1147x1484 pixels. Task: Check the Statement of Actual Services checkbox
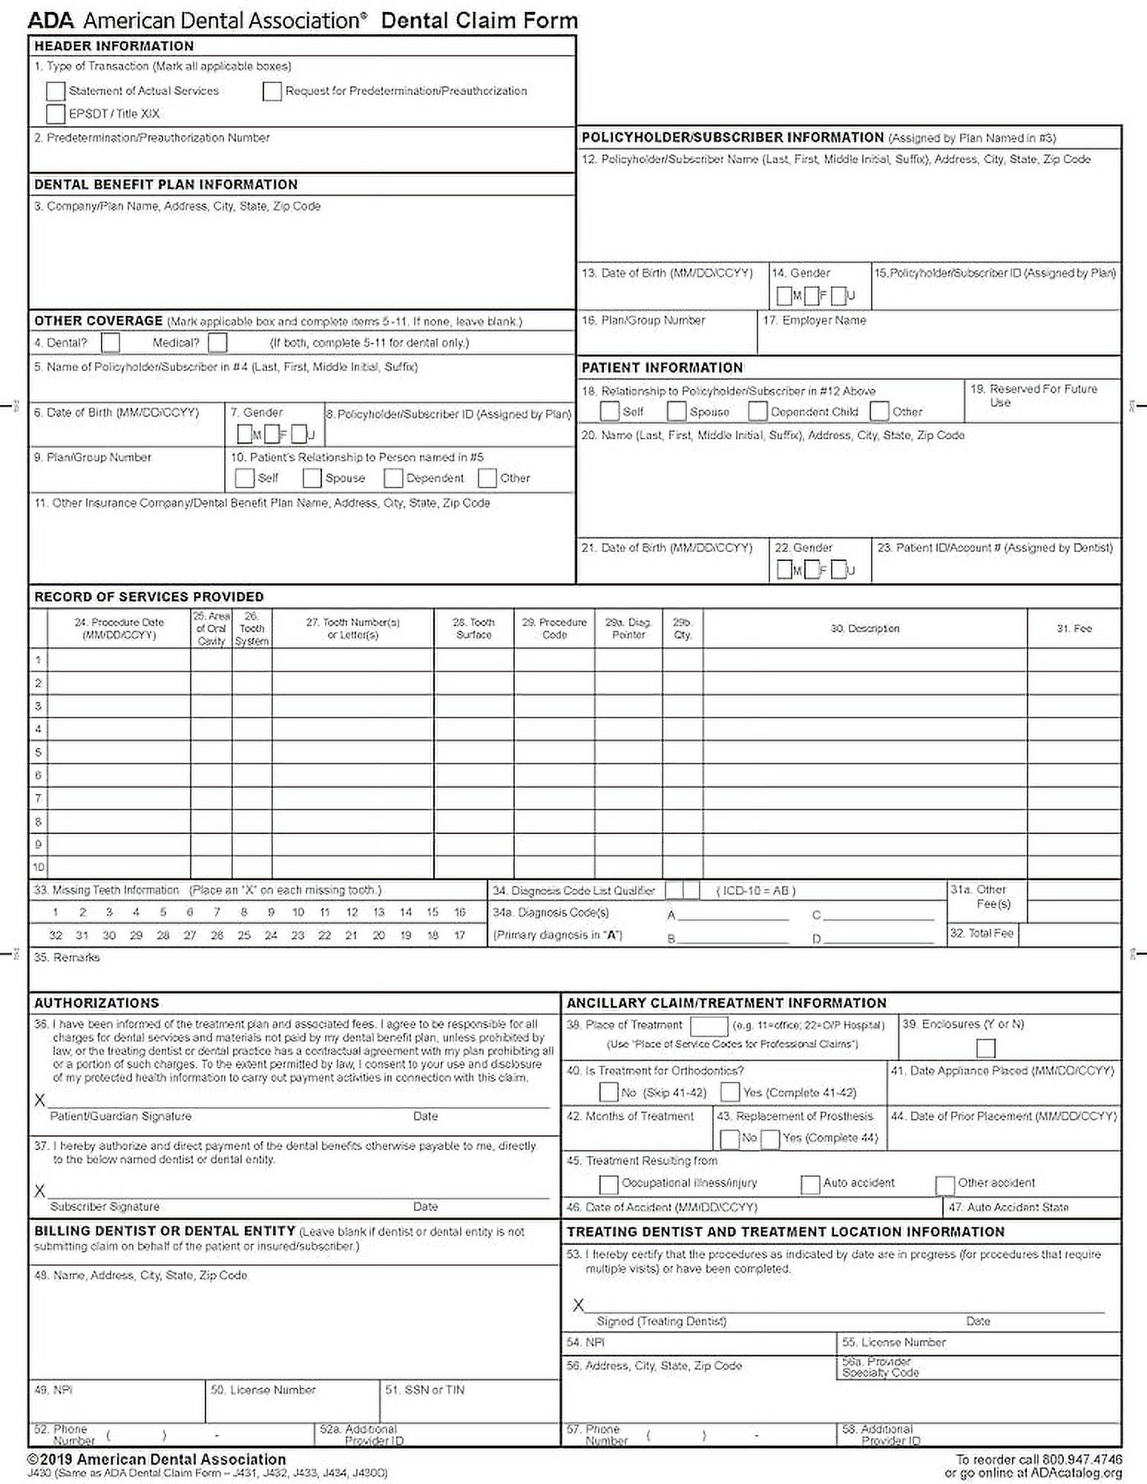(56, 91)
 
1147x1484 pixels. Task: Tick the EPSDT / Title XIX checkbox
(56, 114)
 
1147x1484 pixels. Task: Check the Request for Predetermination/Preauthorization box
(272, 91)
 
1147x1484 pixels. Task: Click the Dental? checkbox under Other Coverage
(111, 343)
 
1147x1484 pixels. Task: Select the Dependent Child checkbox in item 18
(757, 411)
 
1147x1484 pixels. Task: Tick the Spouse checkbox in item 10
(312, 478)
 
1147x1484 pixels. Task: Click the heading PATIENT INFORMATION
(662, 367)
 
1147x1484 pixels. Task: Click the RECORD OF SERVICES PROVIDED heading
(149, 597)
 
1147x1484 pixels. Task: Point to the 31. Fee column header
(1074, 628)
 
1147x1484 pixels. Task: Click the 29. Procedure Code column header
(553, 628)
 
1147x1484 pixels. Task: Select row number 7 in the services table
(38, 798)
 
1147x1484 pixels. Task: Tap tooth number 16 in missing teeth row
(459, 912)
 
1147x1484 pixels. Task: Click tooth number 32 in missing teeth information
(56, 935)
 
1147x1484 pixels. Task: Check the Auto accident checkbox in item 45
(810, 1184)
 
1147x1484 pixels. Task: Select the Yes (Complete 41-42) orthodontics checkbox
(730, 1092)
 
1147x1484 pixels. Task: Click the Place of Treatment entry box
(709, 1025)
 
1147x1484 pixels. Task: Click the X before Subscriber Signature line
(40, 1191)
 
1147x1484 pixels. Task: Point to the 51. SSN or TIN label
(424, 1390)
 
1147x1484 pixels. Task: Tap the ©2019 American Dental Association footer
(157, 1459)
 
